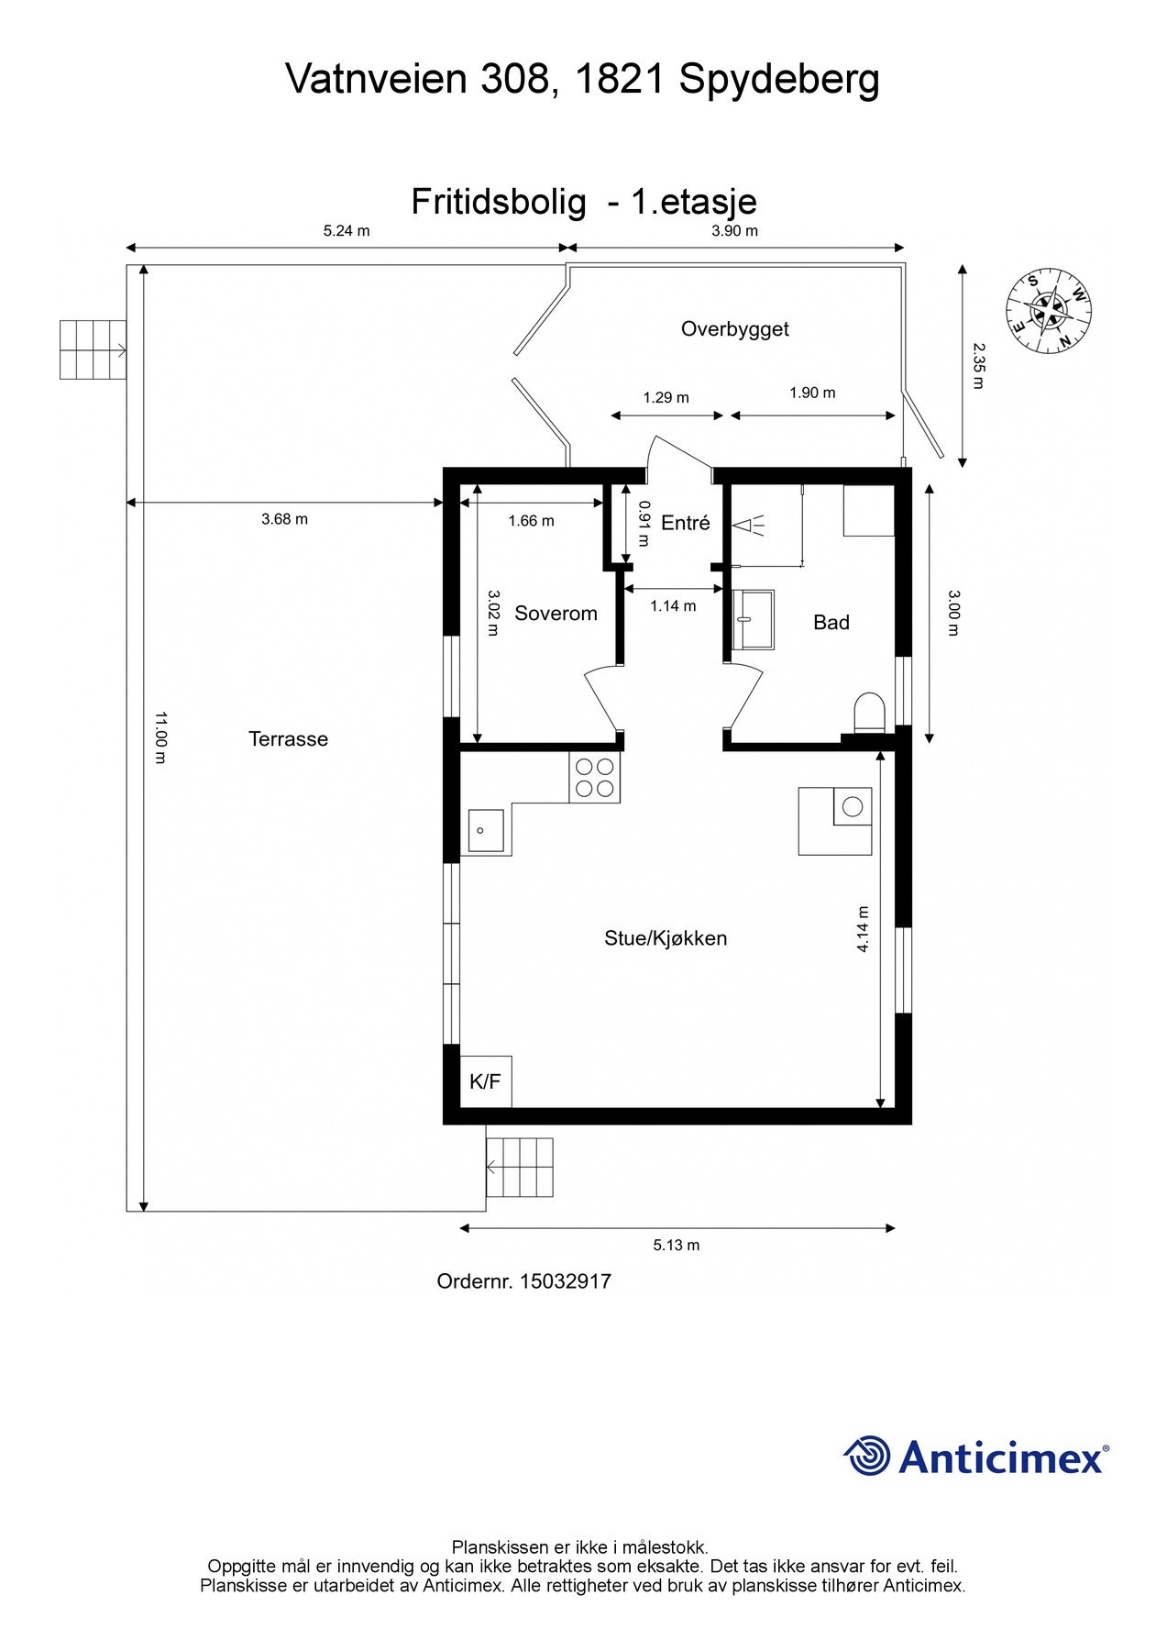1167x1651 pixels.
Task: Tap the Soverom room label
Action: (556, 614)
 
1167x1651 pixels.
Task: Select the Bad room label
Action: (831, 623)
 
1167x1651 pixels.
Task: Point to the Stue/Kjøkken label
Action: (666, 938)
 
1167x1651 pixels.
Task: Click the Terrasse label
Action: (288, 739)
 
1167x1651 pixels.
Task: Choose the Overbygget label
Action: (735, 329)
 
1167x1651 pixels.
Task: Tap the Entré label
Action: (686, 523)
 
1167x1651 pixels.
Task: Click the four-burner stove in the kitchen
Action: (594, 778)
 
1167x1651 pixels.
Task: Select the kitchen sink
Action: (486, 830)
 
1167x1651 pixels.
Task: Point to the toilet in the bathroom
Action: (868, 714)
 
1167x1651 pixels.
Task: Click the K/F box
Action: (485, 1081)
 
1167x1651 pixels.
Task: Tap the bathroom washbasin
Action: (754, 619)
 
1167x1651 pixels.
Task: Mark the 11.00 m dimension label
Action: (160, 737)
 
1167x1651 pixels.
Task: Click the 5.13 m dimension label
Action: (677, 1245)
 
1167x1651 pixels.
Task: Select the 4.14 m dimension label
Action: (863, 929)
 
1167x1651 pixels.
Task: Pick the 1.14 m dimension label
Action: (674, 606)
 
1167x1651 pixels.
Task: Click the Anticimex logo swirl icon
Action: (867, 1456)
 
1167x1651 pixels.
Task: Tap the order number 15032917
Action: (566, 1281)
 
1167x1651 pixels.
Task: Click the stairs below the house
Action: (520, 1168)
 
